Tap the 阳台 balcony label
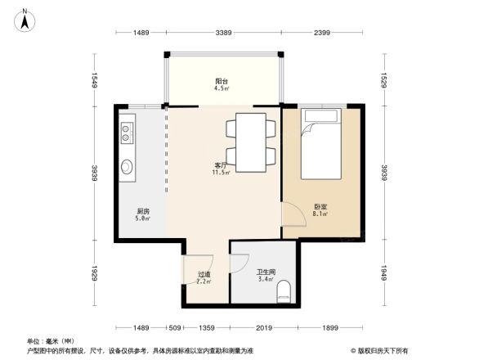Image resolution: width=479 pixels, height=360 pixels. click(221, 82)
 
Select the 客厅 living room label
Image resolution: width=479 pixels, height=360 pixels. click(220, 165)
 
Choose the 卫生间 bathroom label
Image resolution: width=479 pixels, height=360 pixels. click(265, 272)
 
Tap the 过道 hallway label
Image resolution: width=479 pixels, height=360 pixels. click(204, 275)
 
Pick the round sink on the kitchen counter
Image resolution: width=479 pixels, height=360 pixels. click(128, 168)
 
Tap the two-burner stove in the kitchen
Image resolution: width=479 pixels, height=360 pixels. click(128, 133)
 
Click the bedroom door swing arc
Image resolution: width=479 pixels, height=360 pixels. click(290, 214)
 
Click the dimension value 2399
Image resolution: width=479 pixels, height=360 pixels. click(321, 33)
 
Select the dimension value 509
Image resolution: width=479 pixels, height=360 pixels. click(174, 328)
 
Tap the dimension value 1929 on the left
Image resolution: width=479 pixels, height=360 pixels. click(94, 271)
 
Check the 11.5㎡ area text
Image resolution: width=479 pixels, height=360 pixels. click(221, 173)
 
